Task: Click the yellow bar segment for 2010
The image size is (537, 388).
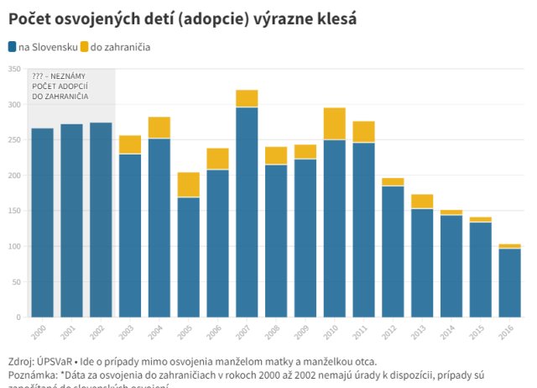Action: pyautogui.click(x=334, y=123)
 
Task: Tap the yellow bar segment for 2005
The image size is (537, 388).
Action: pyautogui.click(x=188, y=185)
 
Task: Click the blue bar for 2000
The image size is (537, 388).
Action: pyautogui.click(x=43, y=223)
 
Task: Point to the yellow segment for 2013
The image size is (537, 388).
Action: pyautogui.click(x=422, y=202)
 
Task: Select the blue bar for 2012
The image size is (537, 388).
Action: pyautogui.click(x=393, y=251)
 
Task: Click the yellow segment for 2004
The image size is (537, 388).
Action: pyautogui.click(x=159, y=128)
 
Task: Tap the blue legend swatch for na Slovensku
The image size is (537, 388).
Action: pyautogui.click(x=12, y=47)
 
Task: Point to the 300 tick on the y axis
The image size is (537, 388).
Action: pyautogui.click(x=14, y=105)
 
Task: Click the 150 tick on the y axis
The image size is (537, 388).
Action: pyautogui.click(x=14, y=211)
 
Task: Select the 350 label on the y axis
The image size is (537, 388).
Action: pyautogui.click(x=14, y=69)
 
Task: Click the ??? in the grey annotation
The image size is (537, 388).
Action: pyautogui.click(x=39, y=76)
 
